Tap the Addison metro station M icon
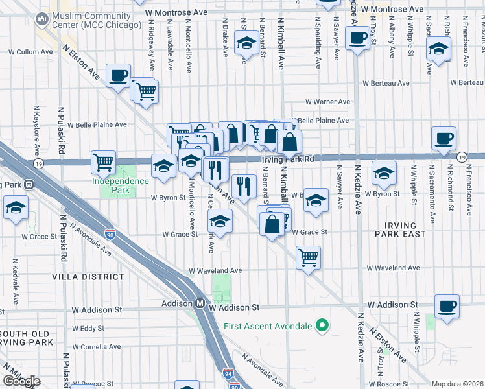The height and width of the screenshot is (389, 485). point(201,303)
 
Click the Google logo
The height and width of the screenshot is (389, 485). point(21,381)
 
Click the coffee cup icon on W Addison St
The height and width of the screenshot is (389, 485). point(446,305)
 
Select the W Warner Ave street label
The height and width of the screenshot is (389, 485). point(327,102)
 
